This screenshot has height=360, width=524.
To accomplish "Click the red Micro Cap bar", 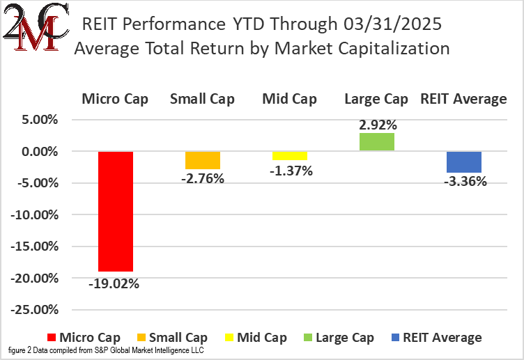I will tap(115, 211).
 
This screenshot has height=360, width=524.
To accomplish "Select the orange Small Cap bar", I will tap(202, 160).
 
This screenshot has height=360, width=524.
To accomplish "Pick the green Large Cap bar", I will tap(376, 142).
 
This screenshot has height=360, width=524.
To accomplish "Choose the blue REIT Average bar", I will tap(463, 162).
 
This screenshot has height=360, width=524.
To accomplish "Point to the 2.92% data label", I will tap(378, 125).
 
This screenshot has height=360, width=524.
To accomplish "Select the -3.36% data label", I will tap(463, 182).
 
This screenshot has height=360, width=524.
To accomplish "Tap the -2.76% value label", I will tap(202, 179).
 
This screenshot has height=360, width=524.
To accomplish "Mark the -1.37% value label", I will tap(289, 170).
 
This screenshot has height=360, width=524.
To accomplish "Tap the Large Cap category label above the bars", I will tap(376, 99).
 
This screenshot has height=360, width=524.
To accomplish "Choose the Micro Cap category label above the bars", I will tap(115, 99).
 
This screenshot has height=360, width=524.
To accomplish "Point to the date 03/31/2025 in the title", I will tap(392, 26).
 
